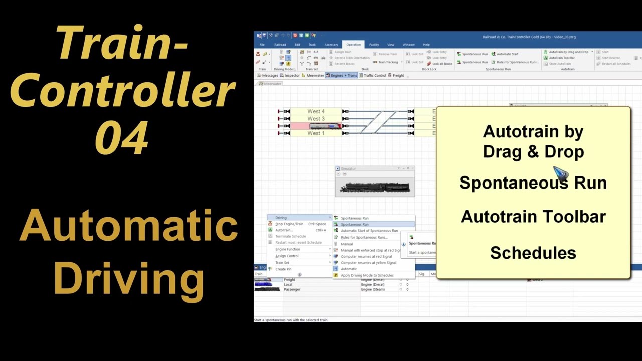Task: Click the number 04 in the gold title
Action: pos(121,137)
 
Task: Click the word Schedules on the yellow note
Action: pos(533,253)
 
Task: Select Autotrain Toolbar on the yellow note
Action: pos(533,217)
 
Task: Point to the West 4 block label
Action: pos(316,111)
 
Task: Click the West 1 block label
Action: pos(316,133)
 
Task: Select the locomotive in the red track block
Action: pos(326,126)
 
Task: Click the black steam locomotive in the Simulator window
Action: pos(375,187)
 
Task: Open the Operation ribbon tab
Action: pos(353,45)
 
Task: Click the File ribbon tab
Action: pos(262,45)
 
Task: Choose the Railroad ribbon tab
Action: pos(280,45)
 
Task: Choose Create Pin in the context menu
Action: pos(283,269)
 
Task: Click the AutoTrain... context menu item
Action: pos(284,230)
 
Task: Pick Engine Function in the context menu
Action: pos(288,249)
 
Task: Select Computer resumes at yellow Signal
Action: pos(368,263)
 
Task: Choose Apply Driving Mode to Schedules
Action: pos(367,275)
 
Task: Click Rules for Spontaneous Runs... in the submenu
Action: pos(364,237)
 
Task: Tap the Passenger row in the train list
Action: pos(292,289)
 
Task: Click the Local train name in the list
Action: pos(288,284)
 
